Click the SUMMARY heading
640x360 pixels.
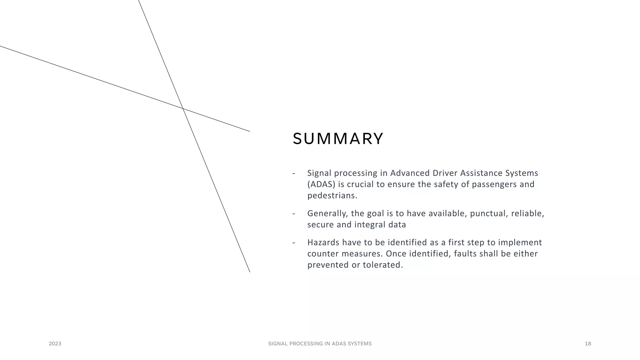[338, 139]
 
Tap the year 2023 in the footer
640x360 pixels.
[55, 344]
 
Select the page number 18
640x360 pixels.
[588, 344]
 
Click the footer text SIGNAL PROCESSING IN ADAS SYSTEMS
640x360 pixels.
[320, 344]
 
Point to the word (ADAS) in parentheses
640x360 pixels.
[321, 184]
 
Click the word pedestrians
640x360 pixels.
[332, 196]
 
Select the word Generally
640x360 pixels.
[327, 213]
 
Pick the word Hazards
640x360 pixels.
[323, 242]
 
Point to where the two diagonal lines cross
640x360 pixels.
[183, 108]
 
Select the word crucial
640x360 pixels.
[360, 184]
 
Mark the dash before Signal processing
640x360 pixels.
[294, 173]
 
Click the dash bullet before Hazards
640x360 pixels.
[294, 242]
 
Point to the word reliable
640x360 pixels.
[527, 213]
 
